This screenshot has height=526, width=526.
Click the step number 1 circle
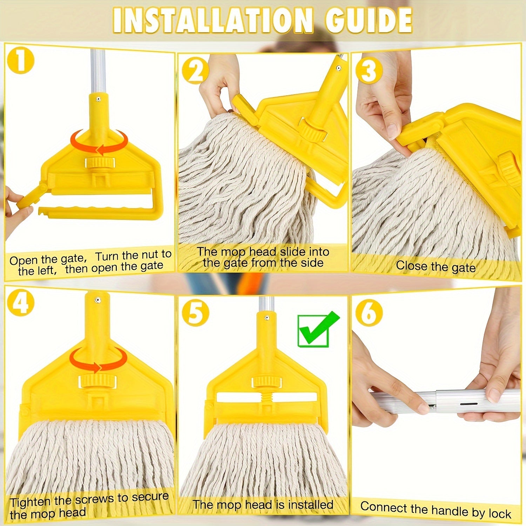point(21,60)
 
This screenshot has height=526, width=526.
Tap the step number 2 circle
point(195,71)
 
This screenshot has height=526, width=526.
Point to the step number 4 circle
point(21,303)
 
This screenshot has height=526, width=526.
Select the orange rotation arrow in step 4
point(98,361)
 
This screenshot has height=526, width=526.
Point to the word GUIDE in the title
point(369,20)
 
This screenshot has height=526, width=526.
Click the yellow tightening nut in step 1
point(100,162)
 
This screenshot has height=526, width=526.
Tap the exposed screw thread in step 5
point(267,397)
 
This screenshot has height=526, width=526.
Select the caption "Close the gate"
point(436,267)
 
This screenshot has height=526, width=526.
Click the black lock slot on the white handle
point(468,404)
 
